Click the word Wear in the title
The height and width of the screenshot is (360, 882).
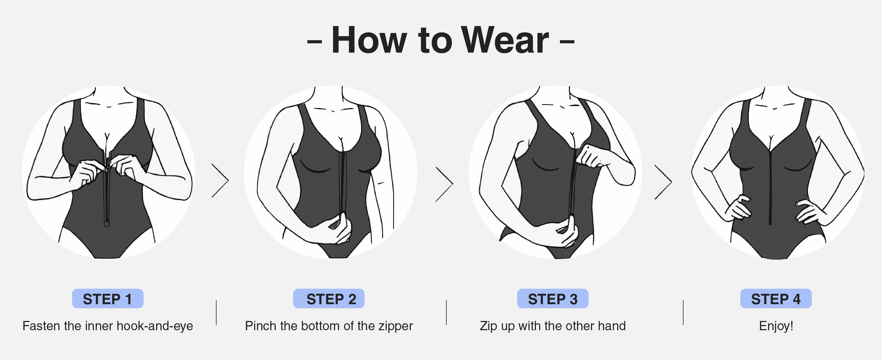505,40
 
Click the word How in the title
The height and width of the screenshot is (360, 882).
369,40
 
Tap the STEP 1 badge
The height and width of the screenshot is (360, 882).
108,299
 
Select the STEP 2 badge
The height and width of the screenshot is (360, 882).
329,299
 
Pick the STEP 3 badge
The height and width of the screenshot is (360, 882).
553,299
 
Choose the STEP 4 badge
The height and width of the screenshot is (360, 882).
776,299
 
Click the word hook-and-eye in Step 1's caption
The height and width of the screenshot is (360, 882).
155,326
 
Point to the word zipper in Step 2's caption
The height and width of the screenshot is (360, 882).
395,326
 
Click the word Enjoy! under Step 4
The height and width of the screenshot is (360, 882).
776,326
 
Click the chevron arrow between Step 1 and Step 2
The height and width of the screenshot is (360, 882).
221,180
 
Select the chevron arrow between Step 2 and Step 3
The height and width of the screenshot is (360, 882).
444,184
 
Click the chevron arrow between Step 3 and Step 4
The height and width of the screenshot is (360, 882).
663,182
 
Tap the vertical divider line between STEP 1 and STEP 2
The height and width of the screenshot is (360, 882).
217,312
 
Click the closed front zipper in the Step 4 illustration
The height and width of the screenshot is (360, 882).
770,185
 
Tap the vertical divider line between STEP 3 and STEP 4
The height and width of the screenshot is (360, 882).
683,312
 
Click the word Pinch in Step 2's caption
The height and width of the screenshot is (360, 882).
260,326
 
